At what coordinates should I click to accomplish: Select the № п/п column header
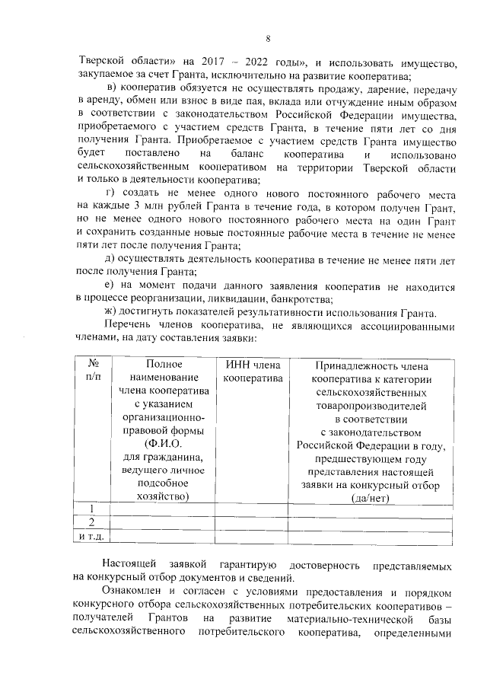point(94,371)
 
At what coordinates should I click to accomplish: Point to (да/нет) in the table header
point(371,498)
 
